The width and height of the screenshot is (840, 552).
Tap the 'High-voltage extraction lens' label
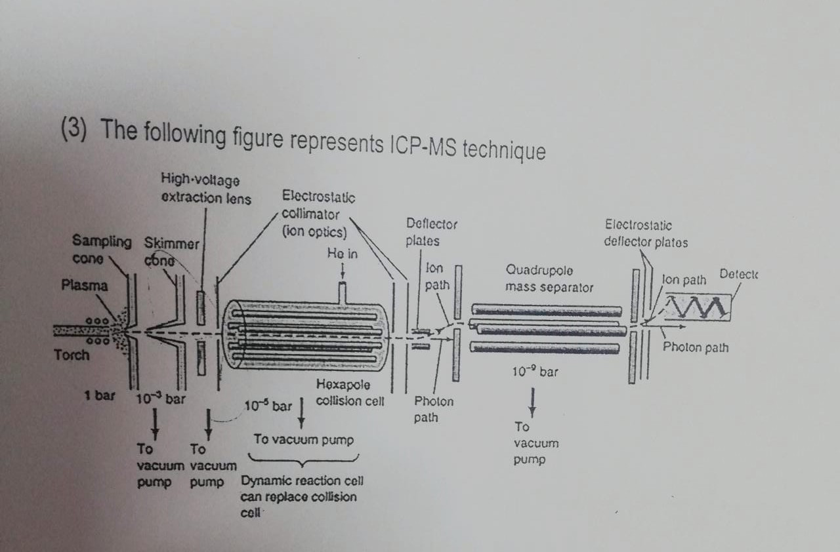point(205,188)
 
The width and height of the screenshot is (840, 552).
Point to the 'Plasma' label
point(84,285)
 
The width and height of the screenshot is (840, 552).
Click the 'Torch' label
point(72,355)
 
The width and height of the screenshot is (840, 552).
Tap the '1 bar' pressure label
point(100,395)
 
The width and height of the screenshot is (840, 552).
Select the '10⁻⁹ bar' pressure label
point(535,372)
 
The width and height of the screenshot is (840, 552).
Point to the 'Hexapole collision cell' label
point(349,393)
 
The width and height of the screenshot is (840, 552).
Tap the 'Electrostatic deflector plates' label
point(646,233)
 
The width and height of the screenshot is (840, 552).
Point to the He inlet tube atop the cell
point(341,292)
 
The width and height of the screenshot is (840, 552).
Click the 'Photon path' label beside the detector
point(695,347)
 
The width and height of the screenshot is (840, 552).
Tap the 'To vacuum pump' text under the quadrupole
point(536,443)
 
